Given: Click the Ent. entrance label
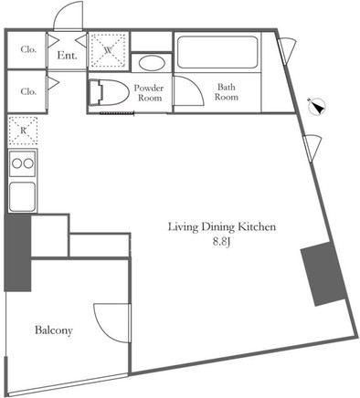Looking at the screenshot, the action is pyautogui.click(x=67, y=56).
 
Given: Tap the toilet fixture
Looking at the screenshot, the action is pyautogui.click(x=109, y=92).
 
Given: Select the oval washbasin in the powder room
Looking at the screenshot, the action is pyautogui.click(x=152, y=63).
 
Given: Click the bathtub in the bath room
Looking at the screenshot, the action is pyautogui.click(x=217, y=52).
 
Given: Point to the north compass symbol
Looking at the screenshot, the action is pyautogui.click(x=317, y=107).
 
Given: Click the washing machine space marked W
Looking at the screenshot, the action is pyautogui.click(x=109, y=50).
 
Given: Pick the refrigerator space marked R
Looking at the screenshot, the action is pyautogui.click(x=23, y=131).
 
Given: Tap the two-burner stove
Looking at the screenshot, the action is pyautogui.click(x=23, y=163).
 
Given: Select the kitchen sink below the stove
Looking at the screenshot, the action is pyautogui.click(x=22, y=196).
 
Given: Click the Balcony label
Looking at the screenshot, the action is pyautogui.click(x=54, y=330).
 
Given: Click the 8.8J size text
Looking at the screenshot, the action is pyautogui.click(x=221, y=242).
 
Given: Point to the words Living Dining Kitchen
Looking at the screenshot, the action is pyautogui.click(x=222, y=227).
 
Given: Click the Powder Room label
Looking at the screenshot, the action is pyautogui.click(x=149, y=93).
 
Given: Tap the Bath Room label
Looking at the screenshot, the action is pyautogui.click(x=227, y=92).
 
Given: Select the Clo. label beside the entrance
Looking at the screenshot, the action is pyautogui.click(x=28, y=49).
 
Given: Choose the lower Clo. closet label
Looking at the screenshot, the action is pyautogui.click(x=28, y=91).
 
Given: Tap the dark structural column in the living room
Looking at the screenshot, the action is pyautogui.click(x=323, y=274).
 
